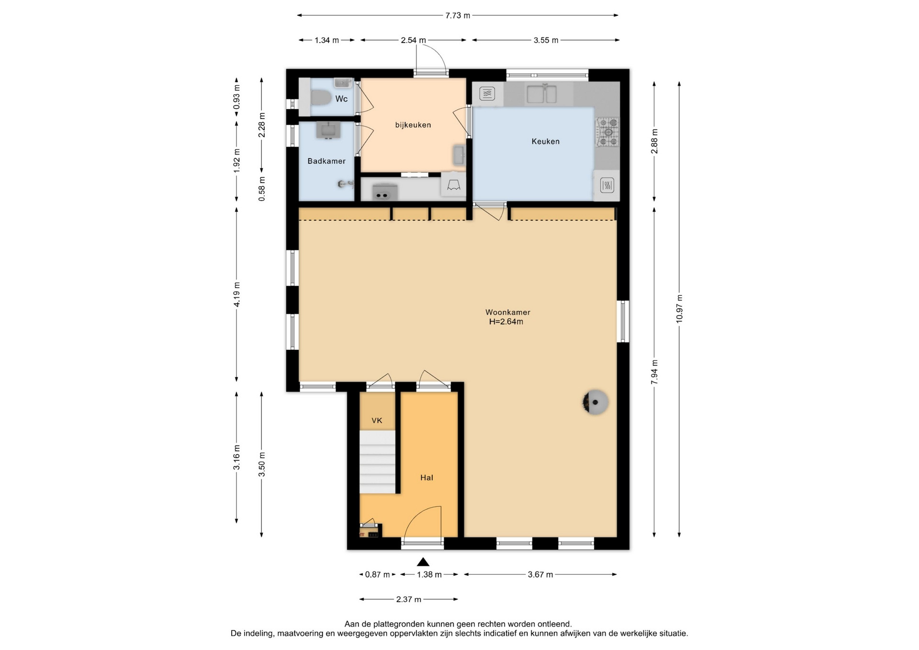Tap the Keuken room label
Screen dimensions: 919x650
pos(546,141)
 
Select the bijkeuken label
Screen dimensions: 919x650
pos(413,125)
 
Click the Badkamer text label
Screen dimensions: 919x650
pos(326,161)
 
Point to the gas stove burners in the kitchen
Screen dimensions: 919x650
pos(607,132)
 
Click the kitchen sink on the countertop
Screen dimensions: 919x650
pos(541,93)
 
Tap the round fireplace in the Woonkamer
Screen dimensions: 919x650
pos(595,402)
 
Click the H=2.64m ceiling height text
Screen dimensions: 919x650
pos(506,322)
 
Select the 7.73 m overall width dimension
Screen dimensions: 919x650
pos(458,15)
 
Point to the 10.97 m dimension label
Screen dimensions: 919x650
pos(679,309)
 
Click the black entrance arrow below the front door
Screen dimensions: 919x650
pos(423,562)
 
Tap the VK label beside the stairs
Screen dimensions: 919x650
pos(377,421)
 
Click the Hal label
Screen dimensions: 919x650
pos(426,477)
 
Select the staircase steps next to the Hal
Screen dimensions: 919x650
pos(378,462)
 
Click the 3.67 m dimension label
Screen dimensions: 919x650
pos(540,574)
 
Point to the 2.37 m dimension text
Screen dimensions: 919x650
pos(409,599)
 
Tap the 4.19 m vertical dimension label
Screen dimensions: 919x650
pos(236,294)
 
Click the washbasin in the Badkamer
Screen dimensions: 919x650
pos(328,130)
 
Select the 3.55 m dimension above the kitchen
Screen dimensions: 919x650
pos(546,40)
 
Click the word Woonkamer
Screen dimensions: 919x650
pos(508,312)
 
